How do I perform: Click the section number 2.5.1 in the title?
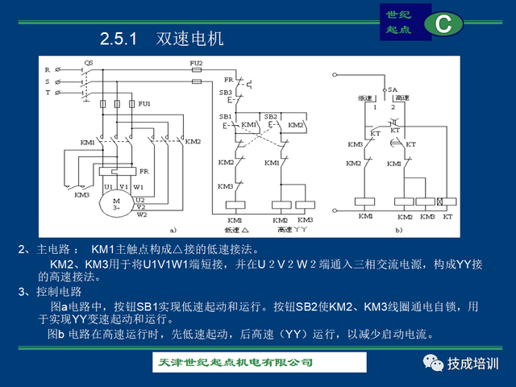point(120,39)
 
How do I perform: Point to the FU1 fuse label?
point(144,104)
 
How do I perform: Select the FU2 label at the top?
point(196,63)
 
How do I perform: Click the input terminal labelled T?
point(48,94)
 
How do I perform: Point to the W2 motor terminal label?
point(142,214)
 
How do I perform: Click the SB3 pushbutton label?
point(226,94)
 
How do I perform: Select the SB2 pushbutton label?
point(270,116)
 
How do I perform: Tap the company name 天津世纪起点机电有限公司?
point(234,363)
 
